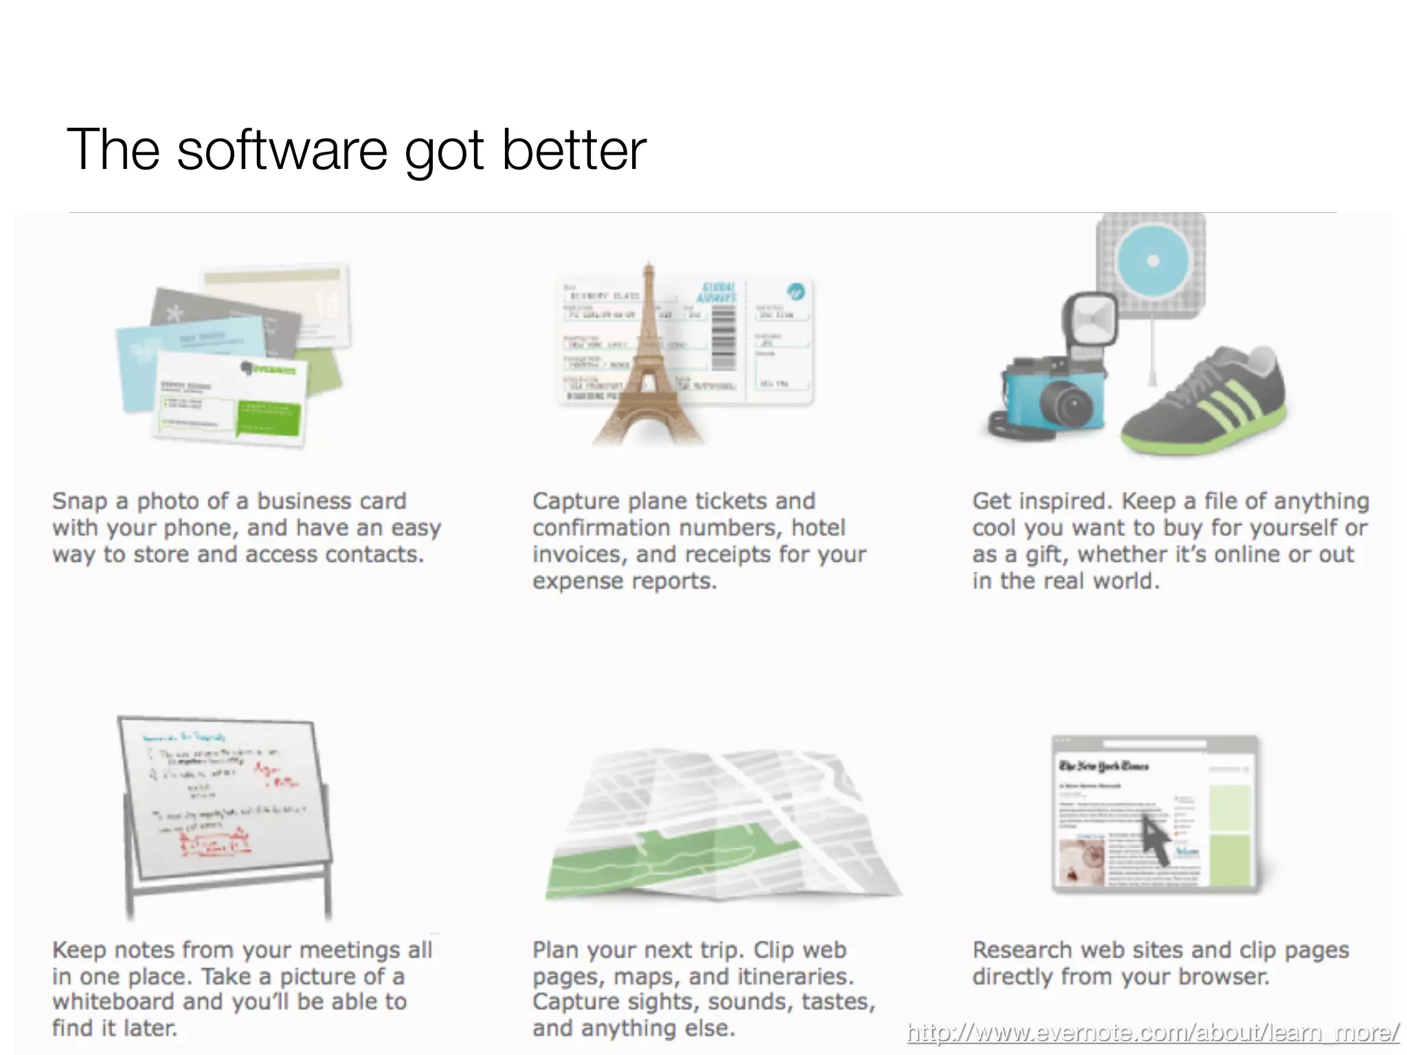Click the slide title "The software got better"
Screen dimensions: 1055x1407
357,149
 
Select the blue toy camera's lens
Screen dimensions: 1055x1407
1067,403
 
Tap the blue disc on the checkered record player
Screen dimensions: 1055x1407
1153,260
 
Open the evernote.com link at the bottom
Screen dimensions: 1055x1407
1152,1032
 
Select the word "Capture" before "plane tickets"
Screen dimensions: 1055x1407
576,501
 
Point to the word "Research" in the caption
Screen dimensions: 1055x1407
1022,950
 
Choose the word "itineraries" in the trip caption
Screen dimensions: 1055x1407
795,976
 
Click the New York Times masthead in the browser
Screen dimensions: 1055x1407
1103,766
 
